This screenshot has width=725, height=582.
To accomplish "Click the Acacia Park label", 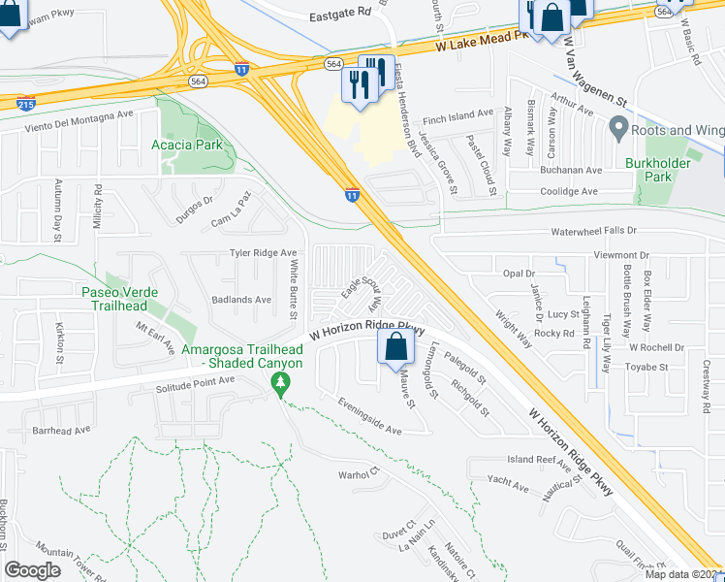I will pyautogui.click(x=187, y=145).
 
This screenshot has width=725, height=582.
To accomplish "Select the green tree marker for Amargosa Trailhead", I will pyautogui.click(x=281, y=384).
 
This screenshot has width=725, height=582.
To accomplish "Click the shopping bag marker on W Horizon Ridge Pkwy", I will pyautogui.click(x=395, y=347).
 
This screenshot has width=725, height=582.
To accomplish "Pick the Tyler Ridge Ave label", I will pyautogui.click(x=263, y=253).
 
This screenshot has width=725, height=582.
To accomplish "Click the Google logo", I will pyautogui.click(x=32, y=569).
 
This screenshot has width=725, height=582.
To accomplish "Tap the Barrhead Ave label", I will pyautogui.click(x=61, y=429).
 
